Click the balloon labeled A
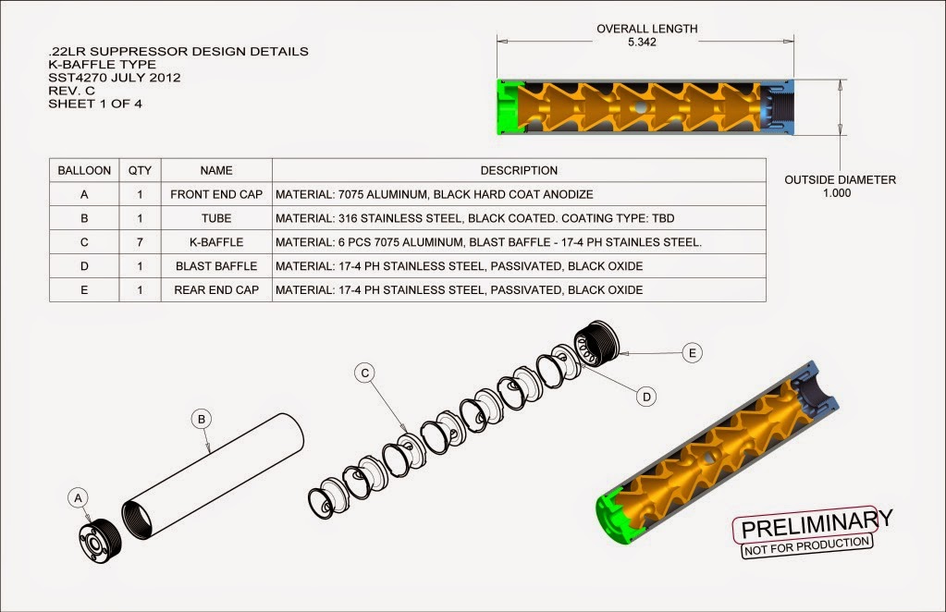(79, 498)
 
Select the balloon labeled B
(202, 419)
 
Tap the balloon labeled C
(365, 373)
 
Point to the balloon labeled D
(647, 396)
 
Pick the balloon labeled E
(693, 352)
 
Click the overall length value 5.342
(642, 43)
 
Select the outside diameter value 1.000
(840, 194)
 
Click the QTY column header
(140, 171)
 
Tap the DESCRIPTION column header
(519, 171)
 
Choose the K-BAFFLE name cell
(216, 242)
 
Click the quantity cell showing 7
(140, 242)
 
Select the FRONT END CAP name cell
(216, 195)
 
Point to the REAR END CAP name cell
(216, 290)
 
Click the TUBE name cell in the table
(216, 219)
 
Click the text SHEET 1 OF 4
(94, 104)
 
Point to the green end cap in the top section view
(508, 106)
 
